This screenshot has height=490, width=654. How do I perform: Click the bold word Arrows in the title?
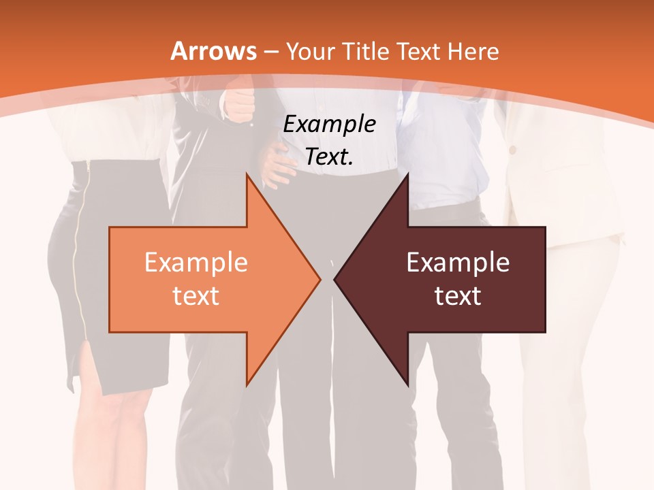pyautogui.click(x=214, y=51)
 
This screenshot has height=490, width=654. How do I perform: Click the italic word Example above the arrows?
pyautogui.click(x=329, y=125)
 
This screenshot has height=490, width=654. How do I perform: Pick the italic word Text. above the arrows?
pyautogui.click(x=329, y=157)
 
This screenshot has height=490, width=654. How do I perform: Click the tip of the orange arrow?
pyautogui.click(x=320, y=279)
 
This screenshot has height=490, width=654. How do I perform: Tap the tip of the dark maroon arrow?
pyautogui.click(x=334, y=279)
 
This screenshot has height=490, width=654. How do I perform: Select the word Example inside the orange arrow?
pyautogui.click(x=196, y=263)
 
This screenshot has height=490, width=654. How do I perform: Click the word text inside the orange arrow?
pyautogui.click(x=196, y=296)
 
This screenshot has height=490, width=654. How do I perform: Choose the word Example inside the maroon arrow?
pyautogui.click(x=458, y=263)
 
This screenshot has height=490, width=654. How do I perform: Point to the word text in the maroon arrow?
pyautogui.click(x=458, y=296)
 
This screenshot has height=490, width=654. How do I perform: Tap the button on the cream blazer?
pyautogui.click(x=512, y=149)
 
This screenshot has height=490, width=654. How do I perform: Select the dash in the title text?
pyautogui.click(x=270, y=52)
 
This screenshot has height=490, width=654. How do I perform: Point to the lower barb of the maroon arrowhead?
pyautogui.click(x=407, y=385)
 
